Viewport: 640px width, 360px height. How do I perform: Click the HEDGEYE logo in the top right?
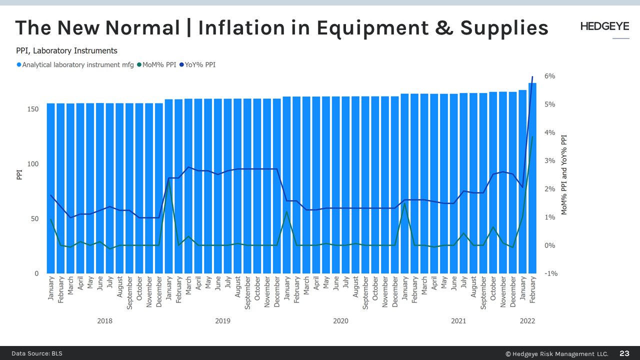point(604,26)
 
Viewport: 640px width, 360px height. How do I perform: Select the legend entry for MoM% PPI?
point(156,64)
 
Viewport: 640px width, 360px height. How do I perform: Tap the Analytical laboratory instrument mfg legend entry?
point(75,64)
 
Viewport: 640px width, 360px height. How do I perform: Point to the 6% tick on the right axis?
point(549,76)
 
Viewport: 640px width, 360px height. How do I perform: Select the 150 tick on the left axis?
point(33,109)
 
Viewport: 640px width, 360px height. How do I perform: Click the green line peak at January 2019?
point(169,180)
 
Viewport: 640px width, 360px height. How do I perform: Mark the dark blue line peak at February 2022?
point(532,76)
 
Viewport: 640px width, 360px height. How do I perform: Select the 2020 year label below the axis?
point(340,321)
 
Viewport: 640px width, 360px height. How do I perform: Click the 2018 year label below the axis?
point(104,321)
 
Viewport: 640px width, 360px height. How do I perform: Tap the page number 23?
point(624,353)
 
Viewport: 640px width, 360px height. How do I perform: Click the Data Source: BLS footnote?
point(37,353)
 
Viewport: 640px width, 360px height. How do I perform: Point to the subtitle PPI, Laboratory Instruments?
point(66,50)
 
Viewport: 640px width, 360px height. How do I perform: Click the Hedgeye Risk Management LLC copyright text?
point(556,354)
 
